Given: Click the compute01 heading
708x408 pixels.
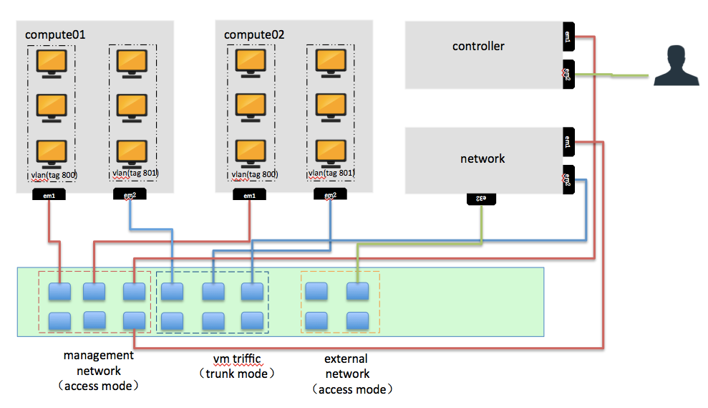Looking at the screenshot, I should tap(55, 34).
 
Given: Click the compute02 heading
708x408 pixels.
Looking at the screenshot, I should tap(254, 34).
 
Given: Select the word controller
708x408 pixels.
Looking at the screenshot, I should tap(478, 47).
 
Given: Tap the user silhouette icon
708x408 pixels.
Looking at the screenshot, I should tap(677, 66).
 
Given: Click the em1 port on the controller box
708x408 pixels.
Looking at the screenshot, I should tap(568, 37).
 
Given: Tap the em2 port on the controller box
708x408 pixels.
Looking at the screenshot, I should tap(568, 73).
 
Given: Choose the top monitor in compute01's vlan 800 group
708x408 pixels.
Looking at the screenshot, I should tap(52, 62).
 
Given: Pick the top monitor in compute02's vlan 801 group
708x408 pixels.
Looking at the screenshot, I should tap(331, 62).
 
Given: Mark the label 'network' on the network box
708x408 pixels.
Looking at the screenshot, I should tap(482, 158).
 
